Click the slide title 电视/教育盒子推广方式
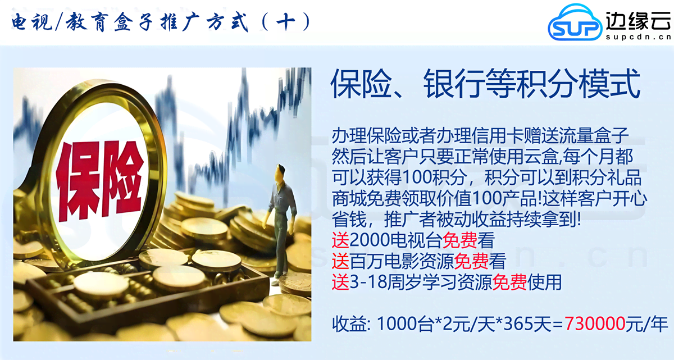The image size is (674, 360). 129,23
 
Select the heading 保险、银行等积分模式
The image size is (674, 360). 485,85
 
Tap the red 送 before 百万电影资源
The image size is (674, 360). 340,262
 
